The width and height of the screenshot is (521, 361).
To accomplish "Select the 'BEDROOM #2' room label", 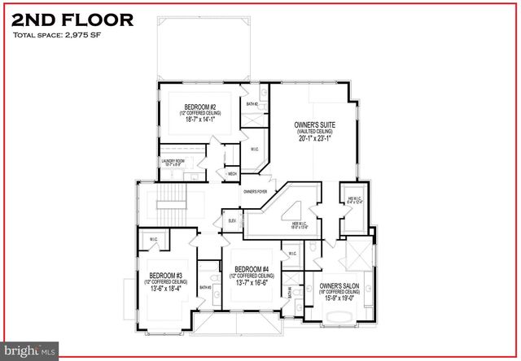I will click(199, 107).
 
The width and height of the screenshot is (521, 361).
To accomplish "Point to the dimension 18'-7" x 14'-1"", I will click(199, 119).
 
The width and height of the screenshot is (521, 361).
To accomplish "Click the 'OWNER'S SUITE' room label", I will click(313, 125).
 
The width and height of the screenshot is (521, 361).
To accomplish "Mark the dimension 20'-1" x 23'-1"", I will click(313, 138).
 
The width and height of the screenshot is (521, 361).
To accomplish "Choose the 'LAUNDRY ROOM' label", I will click(174, 161).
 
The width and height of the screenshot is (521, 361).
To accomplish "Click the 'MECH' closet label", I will click(232, 174).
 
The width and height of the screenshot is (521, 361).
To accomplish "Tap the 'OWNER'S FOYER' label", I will click(255, 191).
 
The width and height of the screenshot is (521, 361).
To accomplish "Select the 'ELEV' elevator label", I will click(232, 220).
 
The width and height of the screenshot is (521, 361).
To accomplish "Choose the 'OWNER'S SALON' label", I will click(340, 286).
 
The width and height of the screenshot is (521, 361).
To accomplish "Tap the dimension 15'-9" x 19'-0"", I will click(340, 298).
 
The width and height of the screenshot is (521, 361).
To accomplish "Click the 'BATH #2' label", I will click(252, 105).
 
